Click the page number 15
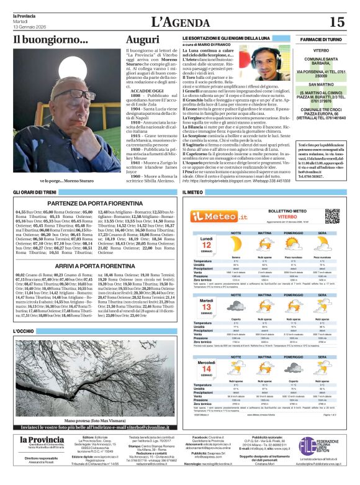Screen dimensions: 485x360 (337, 22)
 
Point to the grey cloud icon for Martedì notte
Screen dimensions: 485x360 (236, 307)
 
